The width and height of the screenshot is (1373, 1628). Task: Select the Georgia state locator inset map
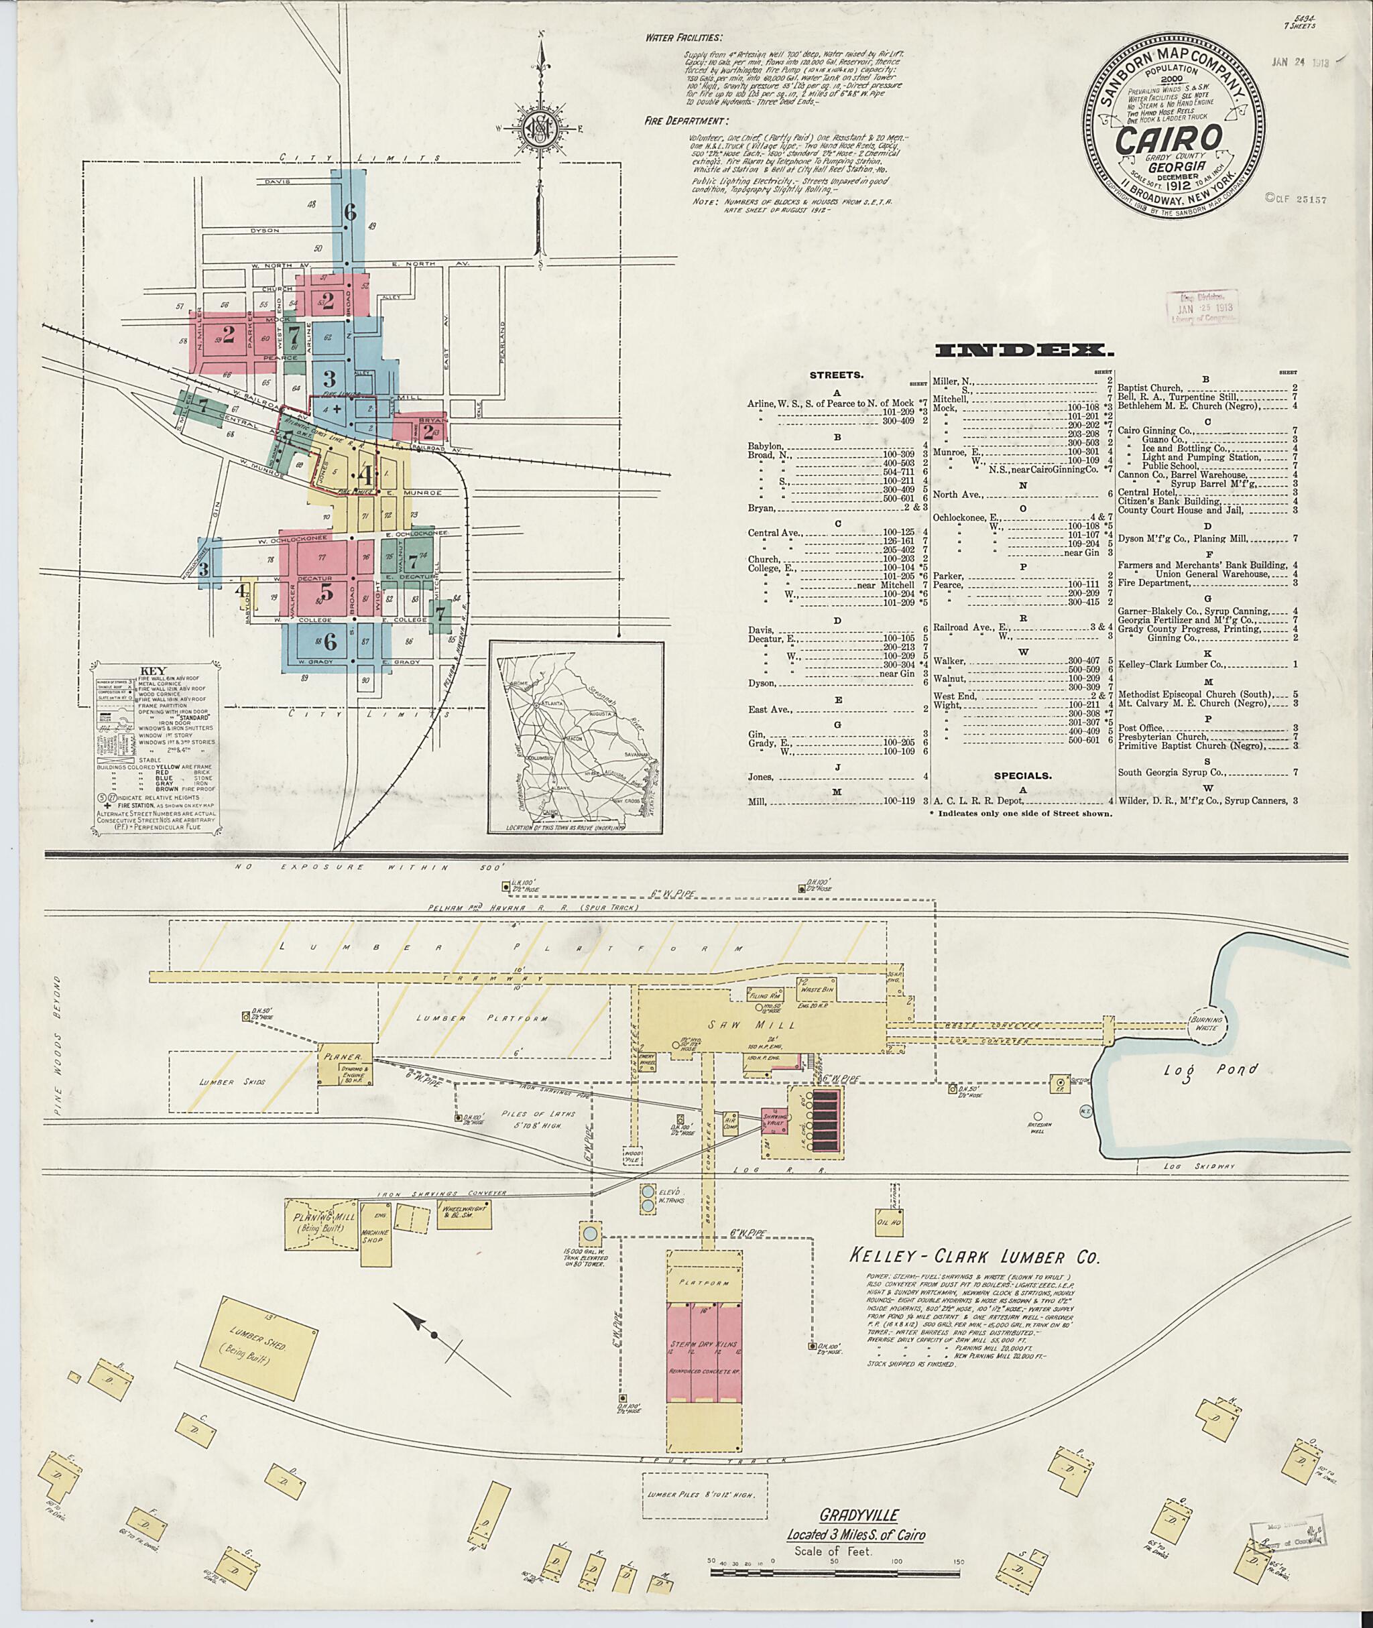[x=576, y=738]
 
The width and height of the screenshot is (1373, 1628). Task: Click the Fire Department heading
[x=686, y=121]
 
